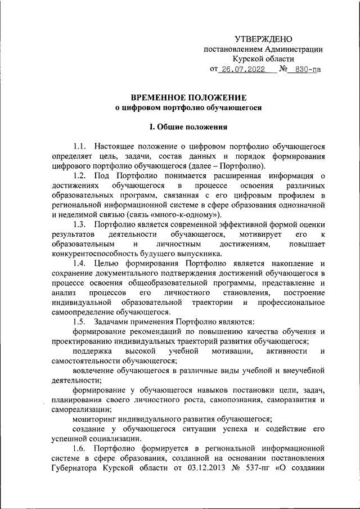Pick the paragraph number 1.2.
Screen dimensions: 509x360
point(80,177)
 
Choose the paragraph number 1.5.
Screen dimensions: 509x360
point(80,321)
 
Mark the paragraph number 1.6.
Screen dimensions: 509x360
point(80,448)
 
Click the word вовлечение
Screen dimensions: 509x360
point(92,370)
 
